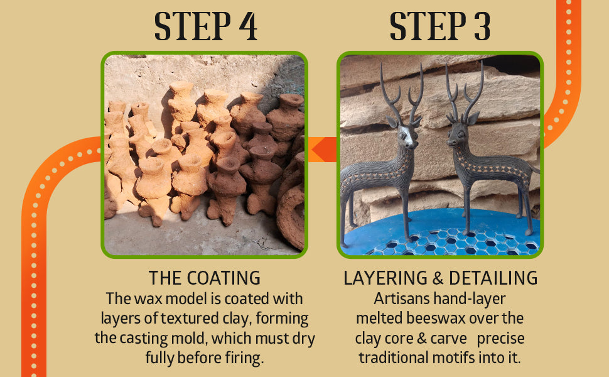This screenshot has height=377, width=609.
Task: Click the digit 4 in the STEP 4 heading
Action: tap(248, 26)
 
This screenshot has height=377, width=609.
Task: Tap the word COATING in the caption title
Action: tap(224, 278)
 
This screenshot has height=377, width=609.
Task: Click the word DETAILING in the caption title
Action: tap(493, 278)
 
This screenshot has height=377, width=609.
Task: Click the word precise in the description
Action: tap(500, 339)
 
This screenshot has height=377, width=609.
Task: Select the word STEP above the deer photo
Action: tap(428, 26)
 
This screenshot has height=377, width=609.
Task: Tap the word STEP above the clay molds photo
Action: tap(192, 26)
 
